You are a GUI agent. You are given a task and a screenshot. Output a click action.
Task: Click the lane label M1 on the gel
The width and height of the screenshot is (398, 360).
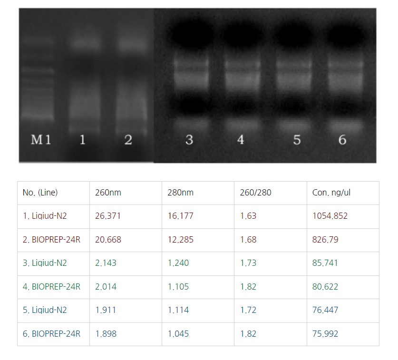coord(41,140)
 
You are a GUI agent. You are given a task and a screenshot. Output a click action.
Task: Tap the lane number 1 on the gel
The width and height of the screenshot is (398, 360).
coord(82,140)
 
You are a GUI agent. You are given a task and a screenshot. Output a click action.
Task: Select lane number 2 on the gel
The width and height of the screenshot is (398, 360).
coord(128,140)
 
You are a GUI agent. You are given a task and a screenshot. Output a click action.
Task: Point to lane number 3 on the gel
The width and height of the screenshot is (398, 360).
coord(189,140)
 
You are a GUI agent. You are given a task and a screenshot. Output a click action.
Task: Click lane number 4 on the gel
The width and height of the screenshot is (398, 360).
coord(241,140)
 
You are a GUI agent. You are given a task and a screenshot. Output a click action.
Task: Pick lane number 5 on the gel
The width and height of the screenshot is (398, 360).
coord(297,140)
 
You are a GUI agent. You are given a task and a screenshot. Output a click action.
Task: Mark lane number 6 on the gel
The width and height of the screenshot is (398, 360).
coord(342,140)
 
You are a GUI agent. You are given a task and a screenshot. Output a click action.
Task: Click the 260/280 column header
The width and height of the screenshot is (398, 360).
coord(256,193)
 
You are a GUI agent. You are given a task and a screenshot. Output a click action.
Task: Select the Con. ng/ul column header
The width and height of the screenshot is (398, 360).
coord(331,193)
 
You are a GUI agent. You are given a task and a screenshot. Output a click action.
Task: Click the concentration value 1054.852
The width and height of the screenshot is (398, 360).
coord(330,216)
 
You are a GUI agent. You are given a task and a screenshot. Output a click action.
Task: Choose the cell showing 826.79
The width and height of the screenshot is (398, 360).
coord(325,240)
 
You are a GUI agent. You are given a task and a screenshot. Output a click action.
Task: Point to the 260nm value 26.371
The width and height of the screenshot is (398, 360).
coord(108,216)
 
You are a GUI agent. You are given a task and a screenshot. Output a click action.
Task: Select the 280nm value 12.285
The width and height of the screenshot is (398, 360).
coord(181,240)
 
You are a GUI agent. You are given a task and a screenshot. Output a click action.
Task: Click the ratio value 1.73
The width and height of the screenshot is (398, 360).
coord(248,263)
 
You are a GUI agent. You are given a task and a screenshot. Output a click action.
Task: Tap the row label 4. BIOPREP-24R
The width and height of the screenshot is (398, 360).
coord(51,287)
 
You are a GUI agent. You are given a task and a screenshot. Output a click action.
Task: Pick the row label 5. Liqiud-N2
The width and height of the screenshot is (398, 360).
coord(45,310)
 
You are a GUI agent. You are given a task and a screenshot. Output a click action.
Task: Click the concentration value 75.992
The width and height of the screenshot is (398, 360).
coord(325,334)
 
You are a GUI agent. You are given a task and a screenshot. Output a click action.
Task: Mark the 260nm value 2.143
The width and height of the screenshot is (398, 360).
coord(106,263)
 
